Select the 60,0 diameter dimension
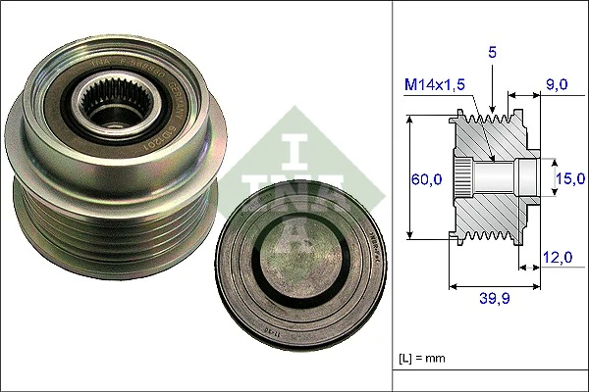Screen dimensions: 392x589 pos(425,178)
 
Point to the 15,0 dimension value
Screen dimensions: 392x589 pos(569,178)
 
